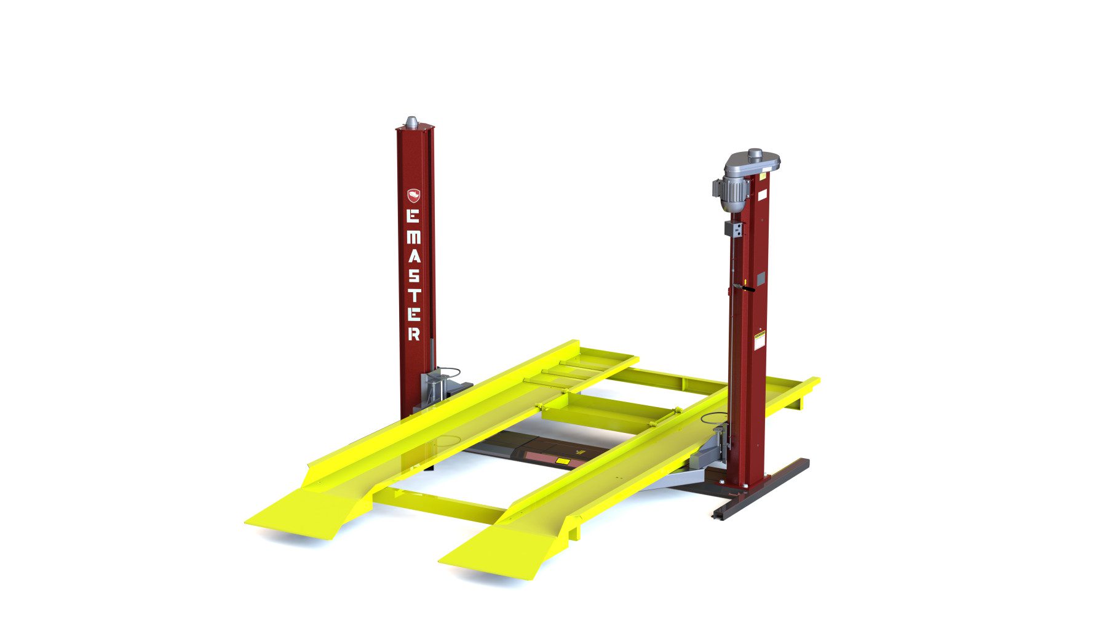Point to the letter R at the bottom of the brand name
tap(414, 333)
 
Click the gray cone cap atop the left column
tap(411, 122)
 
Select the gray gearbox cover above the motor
tap(752, 162)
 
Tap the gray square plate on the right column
tap(761, 278)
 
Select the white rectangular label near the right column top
tap(762, 195)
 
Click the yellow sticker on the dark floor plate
tap(563, 461)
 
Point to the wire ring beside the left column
tap(448, 371)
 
